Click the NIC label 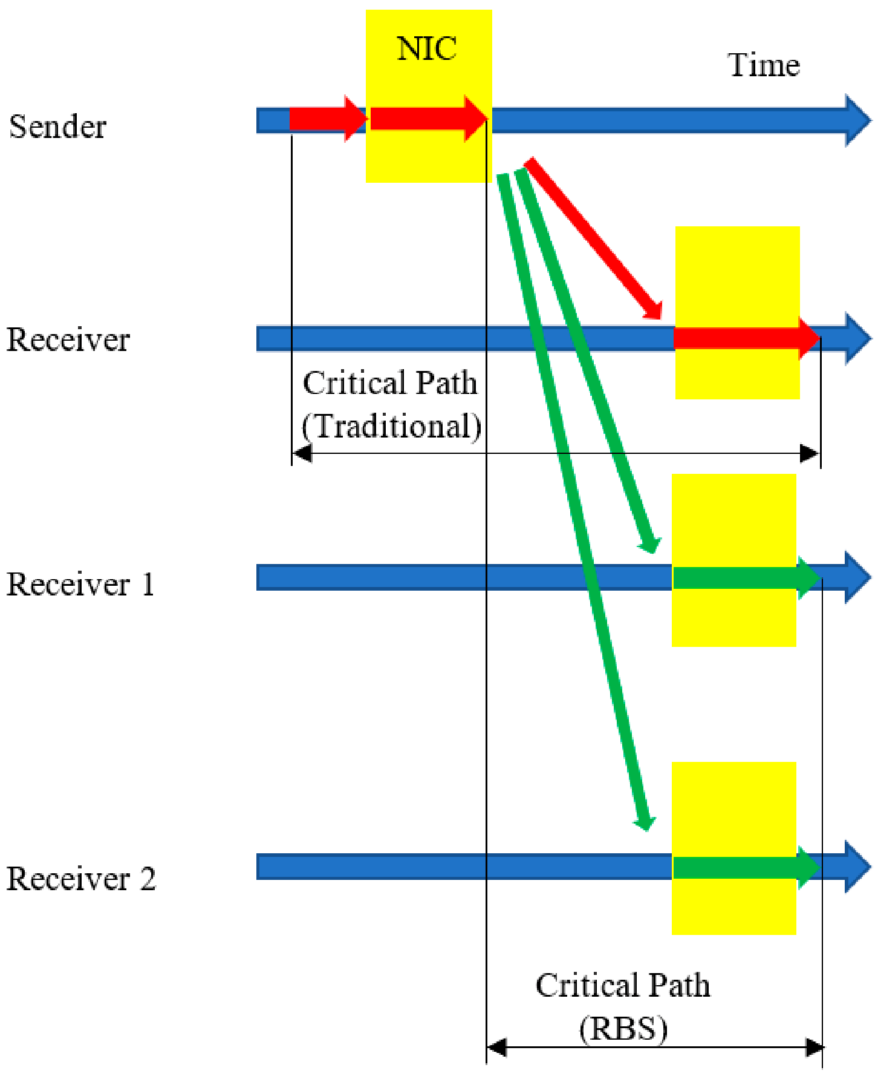(x=427, y=48)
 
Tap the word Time (x=764, y=65)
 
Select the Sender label (x=57, y=126)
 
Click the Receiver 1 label (x=80, y=585)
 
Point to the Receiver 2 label (x=81, y=879)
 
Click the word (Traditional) (x=392, y=426)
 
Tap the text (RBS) (x=623, y=1029)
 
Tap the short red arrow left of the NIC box (x=328, y=119)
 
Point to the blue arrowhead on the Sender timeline (x=858, y=120)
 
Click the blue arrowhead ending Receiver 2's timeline (x=858, y=867)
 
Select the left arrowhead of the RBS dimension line (x=496, y=1047)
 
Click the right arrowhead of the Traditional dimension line (x=810, y=453)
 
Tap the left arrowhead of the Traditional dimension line (x=302, y=453)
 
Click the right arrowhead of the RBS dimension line (x=814, y=1047)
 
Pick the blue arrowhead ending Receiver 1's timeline (x=858, y=577)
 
